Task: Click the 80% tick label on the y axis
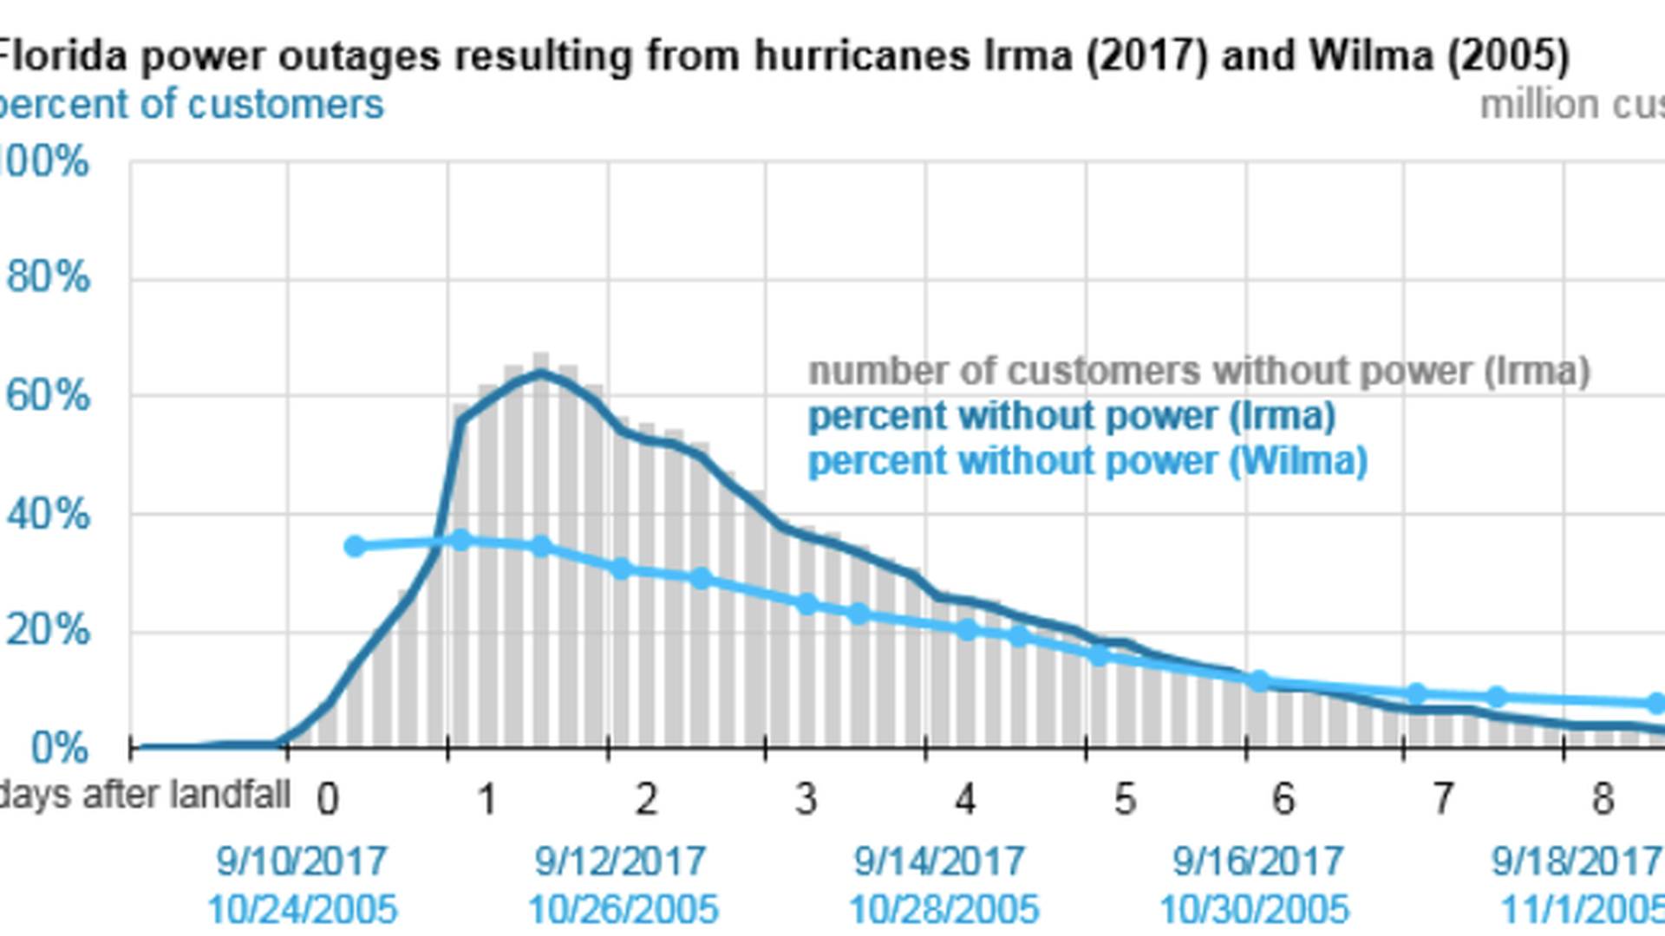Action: (48, 278)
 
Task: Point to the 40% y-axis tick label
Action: (48, 515)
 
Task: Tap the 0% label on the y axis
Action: (59, 748)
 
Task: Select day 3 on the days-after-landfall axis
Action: (806, 799)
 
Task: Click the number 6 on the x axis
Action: (1283, 799)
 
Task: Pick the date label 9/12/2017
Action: (620, 861)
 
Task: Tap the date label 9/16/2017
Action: (1258, 861)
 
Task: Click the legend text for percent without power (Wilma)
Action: (1087, 461)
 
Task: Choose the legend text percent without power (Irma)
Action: (1072, 417)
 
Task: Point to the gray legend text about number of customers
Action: (1199, 371)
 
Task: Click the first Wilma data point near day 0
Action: (355, 546)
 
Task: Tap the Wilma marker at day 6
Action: (1259, 681)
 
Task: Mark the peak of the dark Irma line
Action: (541, 374)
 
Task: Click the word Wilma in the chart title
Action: (1370, 55)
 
